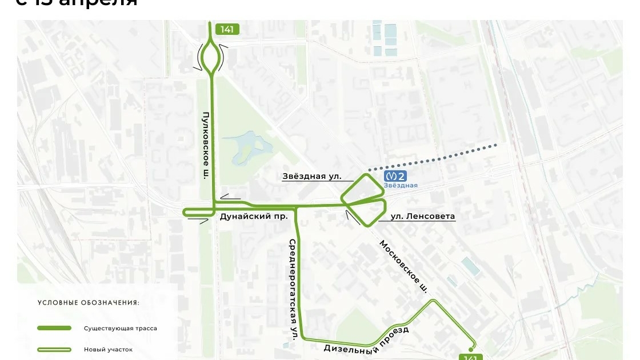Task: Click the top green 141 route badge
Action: pyautogui.click(x=227, y=30)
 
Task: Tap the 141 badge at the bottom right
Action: pyautogui.click(x=470, y=357)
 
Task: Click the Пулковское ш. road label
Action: pyautogui.click(x=205, y=146)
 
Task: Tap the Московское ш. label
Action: pyautogui.click(x=404, y=266)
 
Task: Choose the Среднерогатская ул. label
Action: pyautogui.click(x=293, y=290)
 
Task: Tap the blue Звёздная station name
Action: pyautogui.click(x=400, y=186)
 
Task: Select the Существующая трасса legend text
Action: pyautogui.click(x=120, y=329)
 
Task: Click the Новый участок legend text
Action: pyautogui.click(x=108, y=350)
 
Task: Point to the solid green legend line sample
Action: pyautogui.click(x=54, y=329)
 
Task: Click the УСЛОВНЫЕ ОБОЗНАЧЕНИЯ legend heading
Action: pyautogui.click(x=88, y=303)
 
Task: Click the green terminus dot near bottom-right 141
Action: pyautogui.click(x=471, y=349)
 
